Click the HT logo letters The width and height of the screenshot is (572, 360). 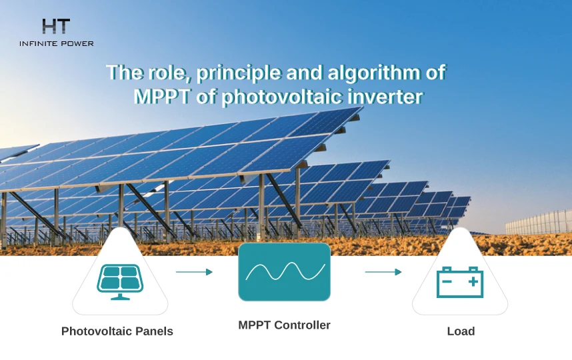click(x=56, y=27)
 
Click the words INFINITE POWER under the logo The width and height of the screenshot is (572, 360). click(x=57, y=43)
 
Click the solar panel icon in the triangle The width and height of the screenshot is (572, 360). click(x=120, y=280)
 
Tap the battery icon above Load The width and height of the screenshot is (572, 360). click(x=459, y=281)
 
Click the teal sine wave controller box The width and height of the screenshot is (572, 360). click(x=285, y=271)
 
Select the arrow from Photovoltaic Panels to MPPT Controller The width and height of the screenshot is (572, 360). click(x=194, y=272)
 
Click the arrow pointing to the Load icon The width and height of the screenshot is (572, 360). click(x=383, y=272)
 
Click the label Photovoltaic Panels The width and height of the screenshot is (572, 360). click(x=117, y=331)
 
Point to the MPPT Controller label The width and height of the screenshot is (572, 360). click(x=285, y=325)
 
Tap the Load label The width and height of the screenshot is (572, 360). click(x=461, y=331)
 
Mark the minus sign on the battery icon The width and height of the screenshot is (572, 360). click(x=448, y=282)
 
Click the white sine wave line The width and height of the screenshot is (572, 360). click(x=285, y=271)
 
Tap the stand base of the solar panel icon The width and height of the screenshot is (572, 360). click(x=120, y=296)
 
